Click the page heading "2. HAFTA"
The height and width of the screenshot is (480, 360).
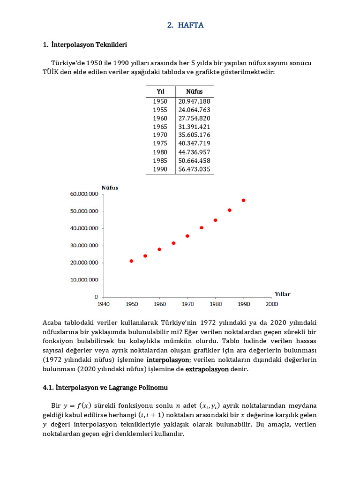(x=186, y=25)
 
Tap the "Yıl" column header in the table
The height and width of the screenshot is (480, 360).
(x=160, y=91)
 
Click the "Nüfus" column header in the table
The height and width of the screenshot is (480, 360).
(x=194, y=91)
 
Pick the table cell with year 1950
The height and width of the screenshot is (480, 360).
(x=160, y=101)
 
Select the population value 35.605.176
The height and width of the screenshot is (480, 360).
(x=194, y=135)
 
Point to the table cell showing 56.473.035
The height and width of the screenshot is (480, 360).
(x=194, y=169)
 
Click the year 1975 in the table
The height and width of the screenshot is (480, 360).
(x=160, y=143)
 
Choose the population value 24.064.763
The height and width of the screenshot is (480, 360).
(x=194, y=110)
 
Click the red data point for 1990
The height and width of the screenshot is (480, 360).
(x=243, y=200)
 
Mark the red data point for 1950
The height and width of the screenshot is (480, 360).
(x=131, y=261)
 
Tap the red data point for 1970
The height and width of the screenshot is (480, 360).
(x=187, y=236)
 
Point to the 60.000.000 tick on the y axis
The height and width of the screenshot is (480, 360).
(x=84, y=194)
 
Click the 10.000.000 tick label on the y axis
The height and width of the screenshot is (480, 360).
(x=84, y=280)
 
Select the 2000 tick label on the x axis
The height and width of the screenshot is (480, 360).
(x=271, y=304)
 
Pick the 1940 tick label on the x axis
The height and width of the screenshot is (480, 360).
(x=104, y=304)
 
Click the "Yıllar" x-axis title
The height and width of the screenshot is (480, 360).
(x=282, y=294)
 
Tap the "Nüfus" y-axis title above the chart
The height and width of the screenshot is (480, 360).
(x=110, y=187)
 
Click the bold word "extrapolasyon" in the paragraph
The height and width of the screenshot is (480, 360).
(x=207, y=369)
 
